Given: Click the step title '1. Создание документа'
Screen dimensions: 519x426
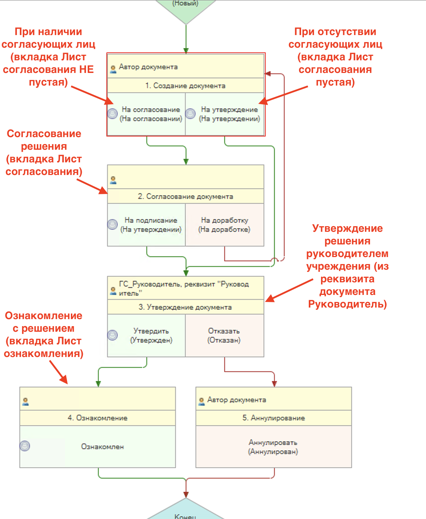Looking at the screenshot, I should [185, 86].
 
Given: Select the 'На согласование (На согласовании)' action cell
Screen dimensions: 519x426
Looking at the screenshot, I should [151, 114].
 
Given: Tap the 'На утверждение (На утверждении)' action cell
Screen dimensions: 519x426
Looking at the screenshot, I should [229, 114].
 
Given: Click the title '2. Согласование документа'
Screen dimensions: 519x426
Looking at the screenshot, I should [185, 196].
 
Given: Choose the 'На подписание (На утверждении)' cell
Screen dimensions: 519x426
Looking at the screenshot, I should [151, 225].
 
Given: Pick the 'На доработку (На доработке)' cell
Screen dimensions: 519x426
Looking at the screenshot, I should [225, 225].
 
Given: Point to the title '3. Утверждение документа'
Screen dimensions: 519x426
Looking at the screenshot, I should [185, 307].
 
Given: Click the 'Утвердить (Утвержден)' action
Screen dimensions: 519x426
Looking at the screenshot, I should [151, 336].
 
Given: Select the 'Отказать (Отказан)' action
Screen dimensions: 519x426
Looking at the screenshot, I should [224, 336].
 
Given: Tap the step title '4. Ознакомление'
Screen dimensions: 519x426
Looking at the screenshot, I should [98, 418].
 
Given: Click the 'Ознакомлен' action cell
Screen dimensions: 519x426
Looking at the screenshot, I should [102, 447].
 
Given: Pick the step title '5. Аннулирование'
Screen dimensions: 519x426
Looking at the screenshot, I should [274, 418].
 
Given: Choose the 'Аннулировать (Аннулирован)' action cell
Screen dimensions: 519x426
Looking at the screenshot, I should [273, 447].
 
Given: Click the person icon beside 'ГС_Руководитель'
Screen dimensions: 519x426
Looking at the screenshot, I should [113, 291].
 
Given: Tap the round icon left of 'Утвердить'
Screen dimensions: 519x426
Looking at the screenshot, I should [112, 335].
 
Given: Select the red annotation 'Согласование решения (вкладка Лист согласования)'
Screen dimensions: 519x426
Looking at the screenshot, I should [44, 153].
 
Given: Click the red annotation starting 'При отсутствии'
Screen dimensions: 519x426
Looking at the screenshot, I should [335, 57].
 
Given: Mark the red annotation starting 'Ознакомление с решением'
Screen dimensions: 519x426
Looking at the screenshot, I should [44, 335].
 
